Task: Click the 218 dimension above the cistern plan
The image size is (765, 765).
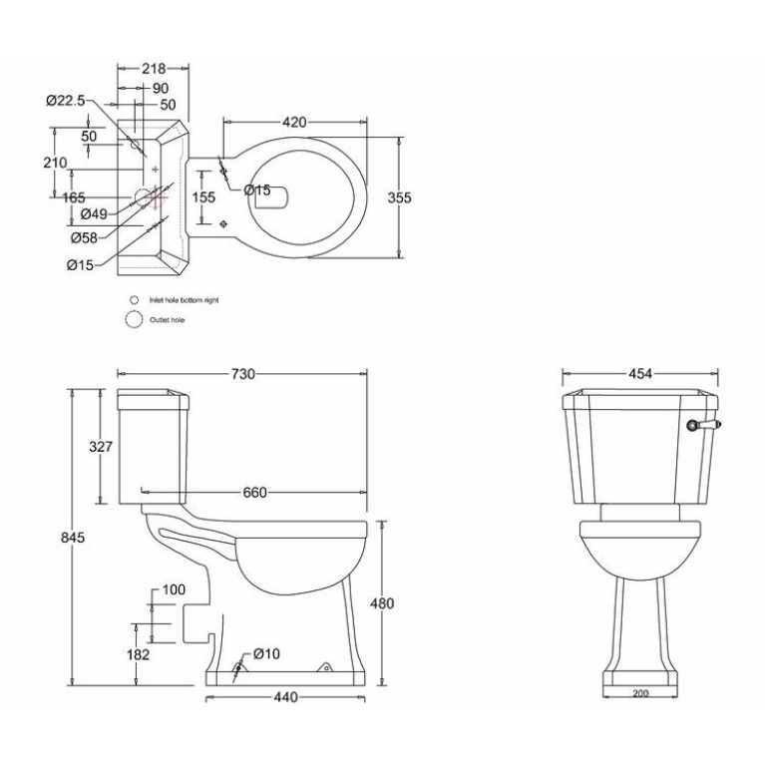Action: pyautogui.click(x=153, y=68)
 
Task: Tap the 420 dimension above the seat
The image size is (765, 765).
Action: pyautogui.click(x=293, y=122)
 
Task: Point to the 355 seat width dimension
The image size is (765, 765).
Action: pyautogui.click(x=399, y=197)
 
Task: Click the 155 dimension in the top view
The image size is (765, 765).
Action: pyautogui.click(x=202, y=197)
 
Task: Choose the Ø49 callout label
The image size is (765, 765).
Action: pyautogui.click(x=94, y=214)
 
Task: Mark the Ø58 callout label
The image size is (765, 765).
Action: pyautogui.click(x=84, y=237)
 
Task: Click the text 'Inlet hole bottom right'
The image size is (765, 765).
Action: pyautogui.click(x=184, y=299)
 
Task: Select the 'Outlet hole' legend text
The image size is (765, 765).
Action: pyautogui.click(x=167, y=320)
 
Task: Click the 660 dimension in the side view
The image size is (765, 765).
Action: pyautogui.click(x=256, y=492)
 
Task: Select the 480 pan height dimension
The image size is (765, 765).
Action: pyautogui.click(x=382, y=603)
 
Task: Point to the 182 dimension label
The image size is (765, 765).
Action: pyautogui.click(x=138, y=654)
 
